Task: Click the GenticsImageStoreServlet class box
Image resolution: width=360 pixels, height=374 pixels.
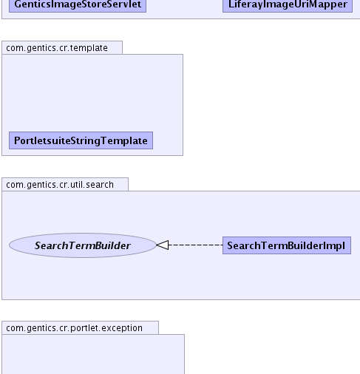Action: [x=78, y=5]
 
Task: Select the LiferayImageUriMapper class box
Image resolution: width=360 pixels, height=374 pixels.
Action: [x=288, y=5]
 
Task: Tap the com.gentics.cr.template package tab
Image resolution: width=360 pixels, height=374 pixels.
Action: [x=62, y=47]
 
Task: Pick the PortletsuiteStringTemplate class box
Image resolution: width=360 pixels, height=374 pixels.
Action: [x=81, y=140]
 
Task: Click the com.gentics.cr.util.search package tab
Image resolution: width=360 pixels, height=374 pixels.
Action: [x=65, y=184]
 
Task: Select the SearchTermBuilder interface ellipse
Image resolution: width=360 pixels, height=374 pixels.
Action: [x=83, y=245]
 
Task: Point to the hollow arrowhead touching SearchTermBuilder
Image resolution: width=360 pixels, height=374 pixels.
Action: [x=163, y=245]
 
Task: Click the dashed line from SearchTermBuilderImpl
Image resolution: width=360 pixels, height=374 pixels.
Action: [x=196, y=245]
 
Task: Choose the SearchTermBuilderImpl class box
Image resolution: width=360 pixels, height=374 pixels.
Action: [x=287, y=245]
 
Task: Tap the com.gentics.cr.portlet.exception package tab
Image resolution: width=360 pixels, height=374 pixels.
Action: [x=80, y=327]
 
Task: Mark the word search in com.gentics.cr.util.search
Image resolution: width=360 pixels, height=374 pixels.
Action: [x=100, y=185]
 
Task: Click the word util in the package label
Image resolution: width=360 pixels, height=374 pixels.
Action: [x=77, y=185]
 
